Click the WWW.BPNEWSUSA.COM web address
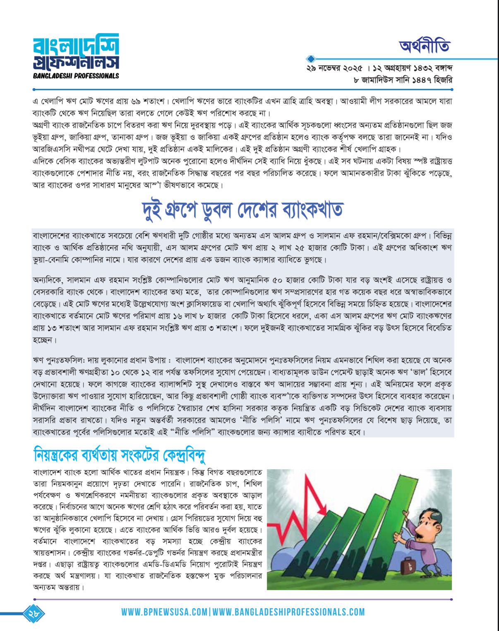pyautogui.click(x=164, y=612)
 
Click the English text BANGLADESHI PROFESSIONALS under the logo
pyautogui.click(x=76, y=76)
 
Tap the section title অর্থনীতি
pyautogui.click(x=425, y=46)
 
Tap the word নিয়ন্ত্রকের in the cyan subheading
pyautogui.click(x=58, y=455)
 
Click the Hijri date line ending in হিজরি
pyautogui.click(x=403, y=80)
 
